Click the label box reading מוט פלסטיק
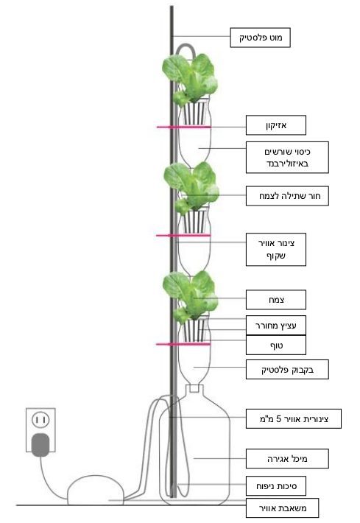coord(260,38)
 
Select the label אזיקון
coord(276,125)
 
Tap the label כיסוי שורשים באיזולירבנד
coord(287,158)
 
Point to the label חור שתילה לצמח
coord(287,196)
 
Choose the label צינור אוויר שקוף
coord(276,250)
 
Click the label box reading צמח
coord(276,300)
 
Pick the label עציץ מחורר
coord(276,325)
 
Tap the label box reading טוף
coord(276,345)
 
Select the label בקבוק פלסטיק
coord(287,369)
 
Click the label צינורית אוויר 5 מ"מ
coord(294,418)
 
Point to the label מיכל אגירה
coord(287,459)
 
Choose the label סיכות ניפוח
coord(276,486)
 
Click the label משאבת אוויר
coord(283,508)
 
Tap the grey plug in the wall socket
coord(40,445)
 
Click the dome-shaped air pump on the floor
coord(96,490)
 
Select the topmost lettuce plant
coord(190,80)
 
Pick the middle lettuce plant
coord(191,189)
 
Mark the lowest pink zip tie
coord(183,344)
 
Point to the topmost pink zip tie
coord(183,127)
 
